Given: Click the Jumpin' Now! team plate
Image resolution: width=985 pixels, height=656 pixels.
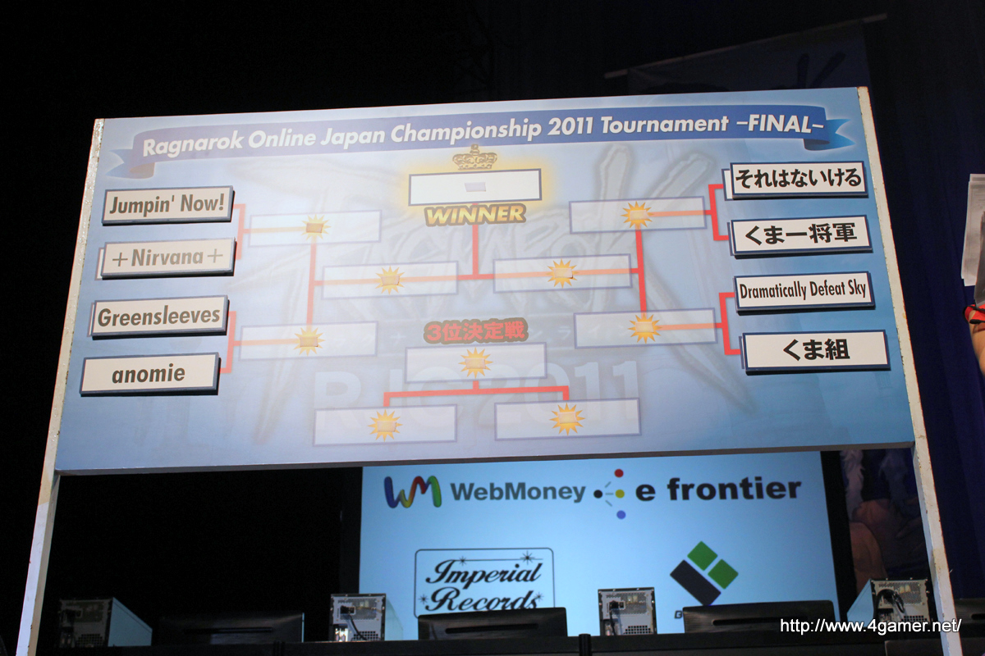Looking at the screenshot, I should (x=168, y=205).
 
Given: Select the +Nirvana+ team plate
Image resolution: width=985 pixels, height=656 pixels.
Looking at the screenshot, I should (x=168, y=258).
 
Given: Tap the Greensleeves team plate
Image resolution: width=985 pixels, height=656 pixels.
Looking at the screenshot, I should (x=158, y=317).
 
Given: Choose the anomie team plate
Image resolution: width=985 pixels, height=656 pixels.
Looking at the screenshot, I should (x=149, y=374).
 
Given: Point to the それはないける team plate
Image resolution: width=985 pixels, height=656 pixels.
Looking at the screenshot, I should (x=797, y=180).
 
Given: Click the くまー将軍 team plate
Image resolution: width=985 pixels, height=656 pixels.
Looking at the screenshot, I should (x=800, y=235).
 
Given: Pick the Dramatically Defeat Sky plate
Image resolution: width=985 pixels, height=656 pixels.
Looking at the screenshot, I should (x=803, y=291).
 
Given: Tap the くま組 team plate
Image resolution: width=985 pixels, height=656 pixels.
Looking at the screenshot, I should (x=815, y=351).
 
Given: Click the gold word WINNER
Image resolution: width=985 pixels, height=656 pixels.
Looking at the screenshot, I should (x=474, y=215).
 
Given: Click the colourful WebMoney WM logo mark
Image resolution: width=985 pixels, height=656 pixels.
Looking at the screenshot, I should (x=413, y=491).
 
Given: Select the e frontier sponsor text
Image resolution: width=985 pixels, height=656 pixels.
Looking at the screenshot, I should (x=718, y=490).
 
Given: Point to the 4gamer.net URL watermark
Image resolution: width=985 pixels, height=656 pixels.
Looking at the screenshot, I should (x=870, y=626).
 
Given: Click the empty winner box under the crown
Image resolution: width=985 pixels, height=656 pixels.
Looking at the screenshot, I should (x=474, y=186).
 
